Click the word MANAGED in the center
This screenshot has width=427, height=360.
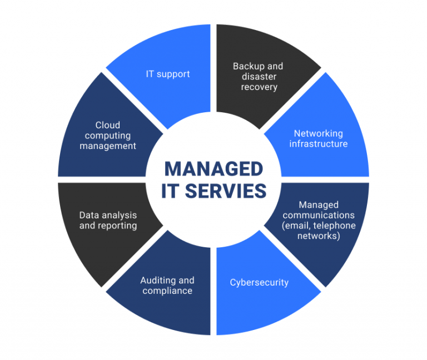[213, 168]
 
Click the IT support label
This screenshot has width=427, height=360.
[168, 74]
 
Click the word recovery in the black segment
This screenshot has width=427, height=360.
[259, 88]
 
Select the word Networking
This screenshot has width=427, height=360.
[319, 133]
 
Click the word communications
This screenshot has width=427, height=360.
[319, 215]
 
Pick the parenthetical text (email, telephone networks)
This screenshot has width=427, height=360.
[319, 231]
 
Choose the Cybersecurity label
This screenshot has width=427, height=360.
[259, 282]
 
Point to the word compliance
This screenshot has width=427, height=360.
[167, 291]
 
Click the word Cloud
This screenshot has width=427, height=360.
[107, 125]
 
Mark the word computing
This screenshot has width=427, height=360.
[107, 136]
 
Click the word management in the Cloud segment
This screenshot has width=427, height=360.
[107, 146]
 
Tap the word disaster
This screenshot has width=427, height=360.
[259, 77]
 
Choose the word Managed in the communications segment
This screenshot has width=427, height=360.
[319, 204]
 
